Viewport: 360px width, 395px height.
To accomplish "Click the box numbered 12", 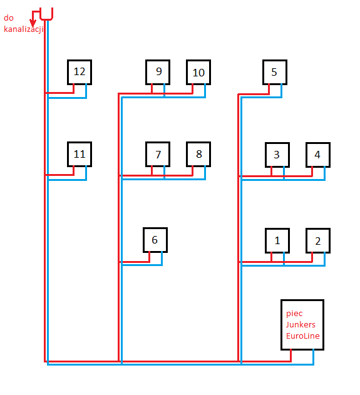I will [80, 72].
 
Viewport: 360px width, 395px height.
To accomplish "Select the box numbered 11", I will [80, 154].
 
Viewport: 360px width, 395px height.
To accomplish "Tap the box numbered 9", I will [158, 72].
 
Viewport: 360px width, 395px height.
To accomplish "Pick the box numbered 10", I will [198, 73].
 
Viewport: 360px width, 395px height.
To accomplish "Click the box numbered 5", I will [275, 72].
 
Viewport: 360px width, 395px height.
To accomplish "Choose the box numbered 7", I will [158, 154].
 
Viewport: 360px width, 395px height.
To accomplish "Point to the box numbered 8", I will [198, 154].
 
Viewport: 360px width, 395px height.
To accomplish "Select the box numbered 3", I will [277, 155].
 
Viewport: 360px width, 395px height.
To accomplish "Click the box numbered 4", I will [318, 155].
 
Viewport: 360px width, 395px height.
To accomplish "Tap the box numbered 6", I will [155, 239].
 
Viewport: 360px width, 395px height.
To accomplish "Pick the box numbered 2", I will [318, 240].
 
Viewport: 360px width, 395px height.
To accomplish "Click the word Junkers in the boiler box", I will [301, 324].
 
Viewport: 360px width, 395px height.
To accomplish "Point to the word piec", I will [294, 312].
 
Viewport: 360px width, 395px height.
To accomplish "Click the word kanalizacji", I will [23, 29].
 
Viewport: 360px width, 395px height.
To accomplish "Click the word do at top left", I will [9, 18].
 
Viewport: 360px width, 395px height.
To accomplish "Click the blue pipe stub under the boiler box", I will [314, 356].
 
